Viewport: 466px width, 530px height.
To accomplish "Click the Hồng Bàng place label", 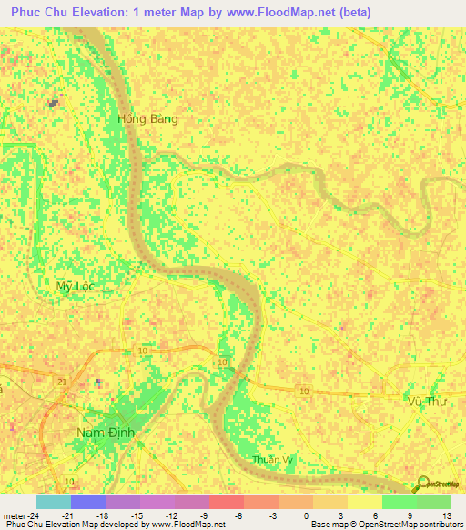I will (x=147, y=119).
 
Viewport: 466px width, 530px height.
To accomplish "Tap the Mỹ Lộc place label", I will (x=75, y=286).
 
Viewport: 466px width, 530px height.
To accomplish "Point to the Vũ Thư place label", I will (x=426, y=401).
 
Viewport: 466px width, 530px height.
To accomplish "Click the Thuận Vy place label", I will (x=274, y=459).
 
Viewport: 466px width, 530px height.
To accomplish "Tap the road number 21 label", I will (x=62, y=381).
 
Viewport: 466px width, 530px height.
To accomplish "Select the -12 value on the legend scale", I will (x=174, y=515).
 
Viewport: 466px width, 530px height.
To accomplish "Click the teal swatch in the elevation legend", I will (x=54, y=502).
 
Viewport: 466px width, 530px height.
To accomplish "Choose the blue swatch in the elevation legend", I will (x=88, y=502).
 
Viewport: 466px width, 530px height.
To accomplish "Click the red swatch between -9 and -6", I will (x=226, y=502).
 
